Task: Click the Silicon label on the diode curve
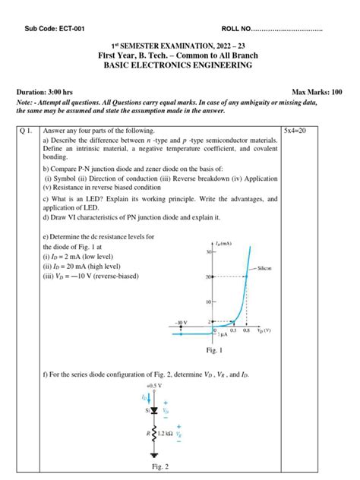coord(265,269)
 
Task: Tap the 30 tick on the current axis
coord(209,251)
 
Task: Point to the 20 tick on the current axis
coord(209,277)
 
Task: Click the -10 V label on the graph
coord(182,322)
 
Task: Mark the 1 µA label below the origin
coord(221,336)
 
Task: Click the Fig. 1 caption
coord(214,351)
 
